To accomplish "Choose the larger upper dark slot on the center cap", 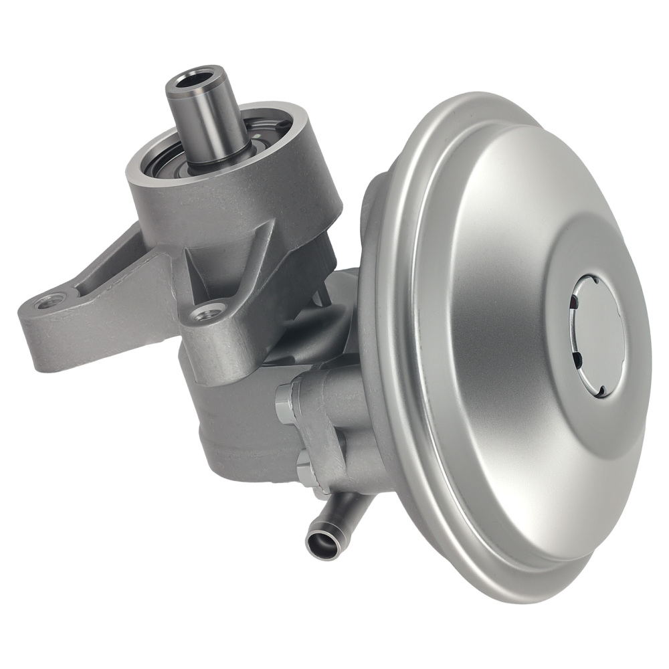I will pos(573,304).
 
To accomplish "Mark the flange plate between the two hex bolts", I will pos(314,435).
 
